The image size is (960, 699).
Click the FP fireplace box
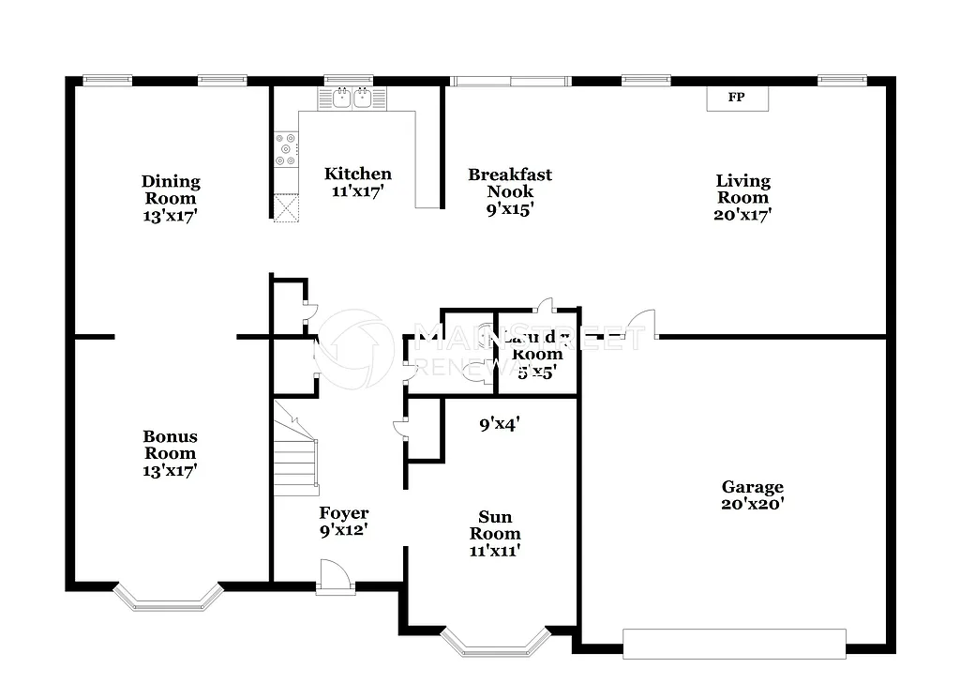(x=737, y=98)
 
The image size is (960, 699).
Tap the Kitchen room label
(x=357, y=174)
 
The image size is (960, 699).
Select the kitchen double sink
(x=352, y=98)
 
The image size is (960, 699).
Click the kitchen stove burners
(x=285, y=149)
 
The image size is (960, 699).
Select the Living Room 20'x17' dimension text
(x=742, y=214)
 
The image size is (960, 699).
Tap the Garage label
(x=752, y=487)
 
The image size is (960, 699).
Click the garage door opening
(x=734, y=643)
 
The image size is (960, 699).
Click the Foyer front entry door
(x=335, y=578)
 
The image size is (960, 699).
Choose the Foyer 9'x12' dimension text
(x=343, y=530)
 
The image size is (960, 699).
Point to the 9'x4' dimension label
(x=500, y=424)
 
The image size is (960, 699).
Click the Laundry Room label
(x=537, y=345)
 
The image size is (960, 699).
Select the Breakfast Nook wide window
(x=510, y=81)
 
